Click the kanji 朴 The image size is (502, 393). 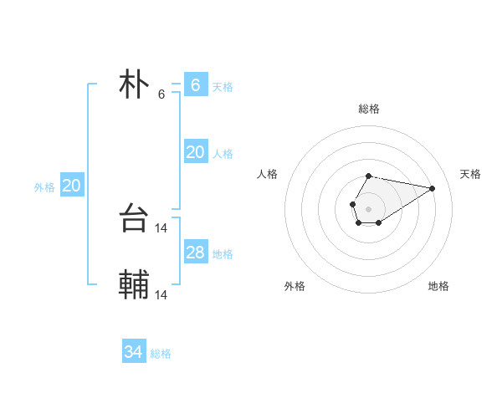(135, 84)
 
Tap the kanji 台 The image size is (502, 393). (135, 219)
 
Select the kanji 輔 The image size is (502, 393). (135, 286)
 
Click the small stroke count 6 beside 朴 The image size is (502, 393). (161, 94)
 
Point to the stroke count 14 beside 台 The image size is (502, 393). (161, 227)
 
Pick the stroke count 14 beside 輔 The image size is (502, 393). (161, 294)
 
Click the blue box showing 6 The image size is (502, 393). (195, 84)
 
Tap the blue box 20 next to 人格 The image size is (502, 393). (195, 152)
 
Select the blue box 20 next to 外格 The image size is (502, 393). (72, 186)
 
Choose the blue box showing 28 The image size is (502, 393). (195, 253)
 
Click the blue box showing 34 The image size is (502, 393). (134, 352)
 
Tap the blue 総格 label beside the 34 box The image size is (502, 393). (161, 354)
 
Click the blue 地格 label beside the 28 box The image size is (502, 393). (223, 254)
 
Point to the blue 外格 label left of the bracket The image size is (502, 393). (44, 187)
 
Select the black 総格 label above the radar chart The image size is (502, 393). (369, 109)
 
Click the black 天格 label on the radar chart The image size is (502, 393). (470, 174)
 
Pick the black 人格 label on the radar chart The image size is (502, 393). (268, 174)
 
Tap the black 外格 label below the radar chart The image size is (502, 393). (295, 286)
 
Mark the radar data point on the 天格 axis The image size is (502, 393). (433, 187)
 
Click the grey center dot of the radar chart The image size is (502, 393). (369, 207)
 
